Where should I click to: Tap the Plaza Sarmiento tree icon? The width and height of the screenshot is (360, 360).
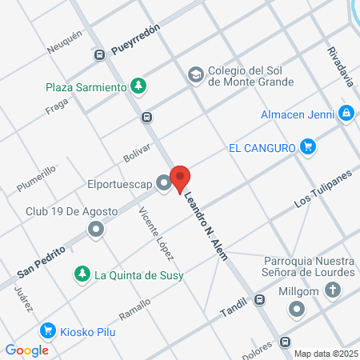click(139, 86)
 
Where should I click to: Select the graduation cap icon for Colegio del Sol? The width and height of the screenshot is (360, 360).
click(194, 74)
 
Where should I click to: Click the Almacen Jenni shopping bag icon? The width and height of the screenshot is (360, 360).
click(346, 114)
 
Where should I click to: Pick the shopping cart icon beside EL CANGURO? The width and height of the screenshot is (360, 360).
click(307, 146)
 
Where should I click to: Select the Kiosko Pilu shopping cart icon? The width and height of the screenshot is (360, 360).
click(47, 330)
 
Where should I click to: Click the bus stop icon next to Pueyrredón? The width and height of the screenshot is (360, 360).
click(100, 55)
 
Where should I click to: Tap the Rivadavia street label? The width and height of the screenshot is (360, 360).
click(340, 65)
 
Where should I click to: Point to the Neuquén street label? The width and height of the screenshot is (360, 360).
click(65, 38)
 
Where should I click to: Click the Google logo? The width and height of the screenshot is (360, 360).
click(27, 350)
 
